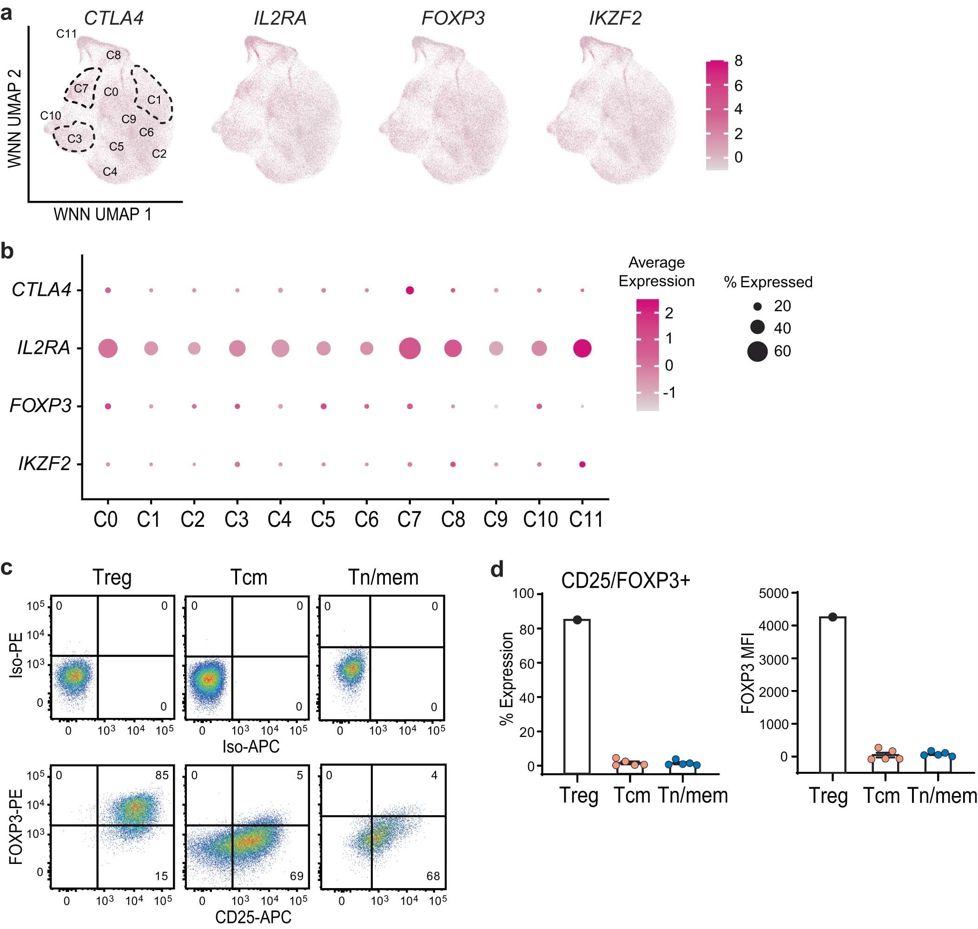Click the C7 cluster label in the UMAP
tap(81, 89)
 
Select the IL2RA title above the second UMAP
tap(280, 18)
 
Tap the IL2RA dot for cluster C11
tap(582, 349)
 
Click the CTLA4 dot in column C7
tap(410, 291)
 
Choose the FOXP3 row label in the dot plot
tap(40, 406)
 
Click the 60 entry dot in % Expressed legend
tap(757, 351)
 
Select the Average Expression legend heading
tap(656, 272)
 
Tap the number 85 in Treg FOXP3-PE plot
tap(162, 775)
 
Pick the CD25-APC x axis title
tap(253, 916)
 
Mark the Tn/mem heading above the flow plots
tap(383, 577)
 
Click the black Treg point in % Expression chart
tap(577, 619)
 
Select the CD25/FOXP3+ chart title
tap(626, 580)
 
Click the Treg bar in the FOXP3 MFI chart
tap(833, 693)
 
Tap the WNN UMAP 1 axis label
tap(102, 214)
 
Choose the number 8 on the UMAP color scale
tap(739, 61)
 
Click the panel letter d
tap(496, 570)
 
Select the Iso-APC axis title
tap(251, 746)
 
